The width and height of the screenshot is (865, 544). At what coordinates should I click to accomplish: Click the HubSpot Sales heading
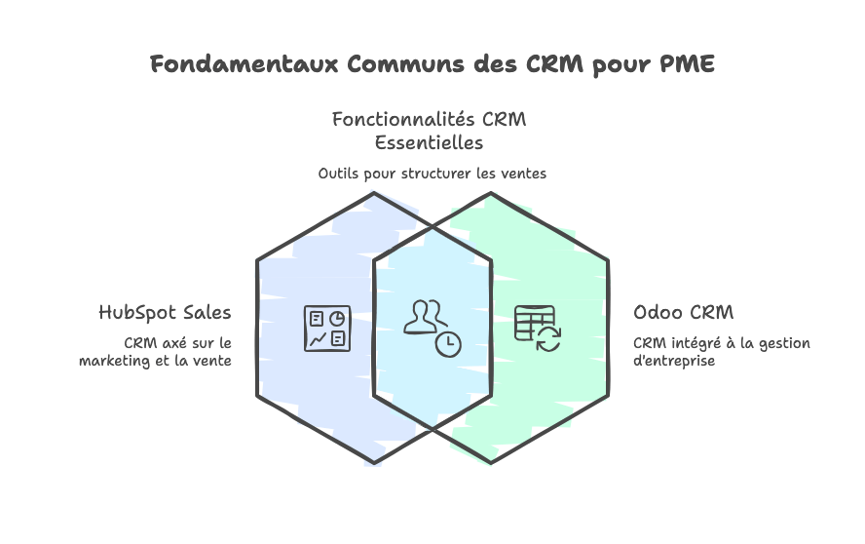[x=165, y=312]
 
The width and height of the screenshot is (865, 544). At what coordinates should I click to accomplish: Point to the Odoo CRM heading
[x=683, y=313]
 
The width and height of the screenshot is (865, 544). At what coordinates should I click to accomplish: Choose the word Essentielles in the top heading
[x=430, y=142]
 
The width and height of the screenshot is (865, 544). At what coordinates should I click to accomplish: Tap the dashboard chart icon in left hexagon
[x=325, y=329]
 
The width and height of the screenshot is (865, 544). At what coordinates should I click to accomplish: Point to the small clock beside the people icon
[x=448, y=344]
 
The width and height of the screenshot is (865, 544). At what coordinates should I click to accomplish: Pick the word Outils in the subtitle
[x=337, y=174]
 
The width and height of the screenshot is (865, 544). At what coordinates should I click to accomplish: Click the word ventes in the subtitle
[x=525, y=174]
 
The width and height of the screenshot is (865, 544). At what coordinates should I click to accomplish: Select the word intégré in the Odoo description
[x=692, y=343]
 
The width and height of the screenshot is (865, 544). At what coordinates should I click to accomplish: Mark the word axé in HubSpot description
[x=171, y=343]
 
